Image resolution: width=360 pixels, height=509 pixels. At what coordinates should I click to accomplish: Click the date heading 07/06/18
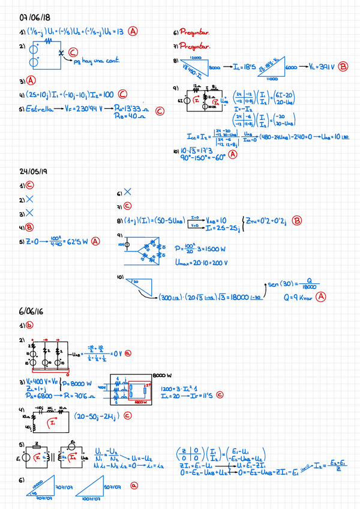34,17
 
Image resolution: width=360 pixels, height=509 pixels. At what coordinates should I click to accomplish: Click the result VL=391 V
320,67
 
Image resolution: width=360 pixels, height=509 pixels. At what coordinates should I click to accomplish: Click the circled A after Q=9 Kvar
322,297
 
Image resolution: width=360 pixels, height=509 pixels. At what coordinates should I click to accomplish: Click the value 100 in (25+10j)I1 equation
107,94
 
